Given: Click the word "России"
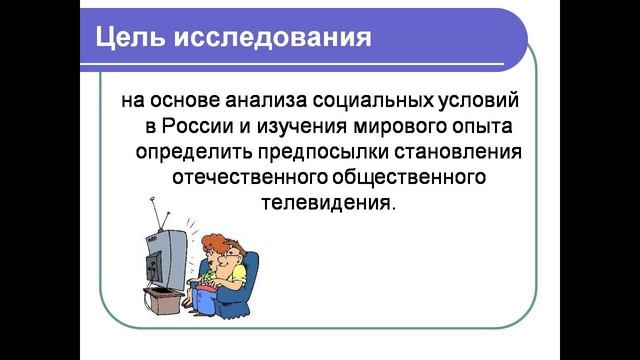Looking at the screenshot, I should pos(200,127).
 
